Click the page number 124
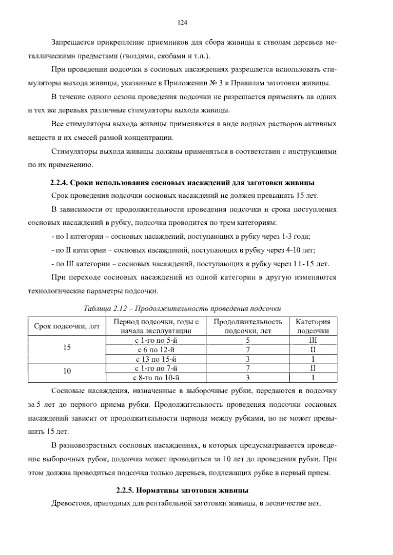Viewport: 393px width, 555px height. coord(182,23)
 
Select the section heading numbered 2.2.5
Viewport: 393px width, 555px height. coord(182,491)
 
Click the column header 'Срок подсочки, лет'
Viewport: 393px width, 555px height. coord(67,326)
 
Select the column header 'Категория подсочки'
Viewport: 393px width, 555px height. coord(313,326)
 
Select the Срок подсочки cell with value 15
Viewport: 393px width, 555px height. coord(67,348)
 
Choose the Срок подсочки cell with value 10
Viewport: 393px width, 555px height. coord(67,371)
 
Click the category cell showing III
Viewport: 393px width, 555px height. coord(313,340)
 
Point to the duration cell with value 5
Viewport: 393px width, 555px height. coord(248,340)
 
